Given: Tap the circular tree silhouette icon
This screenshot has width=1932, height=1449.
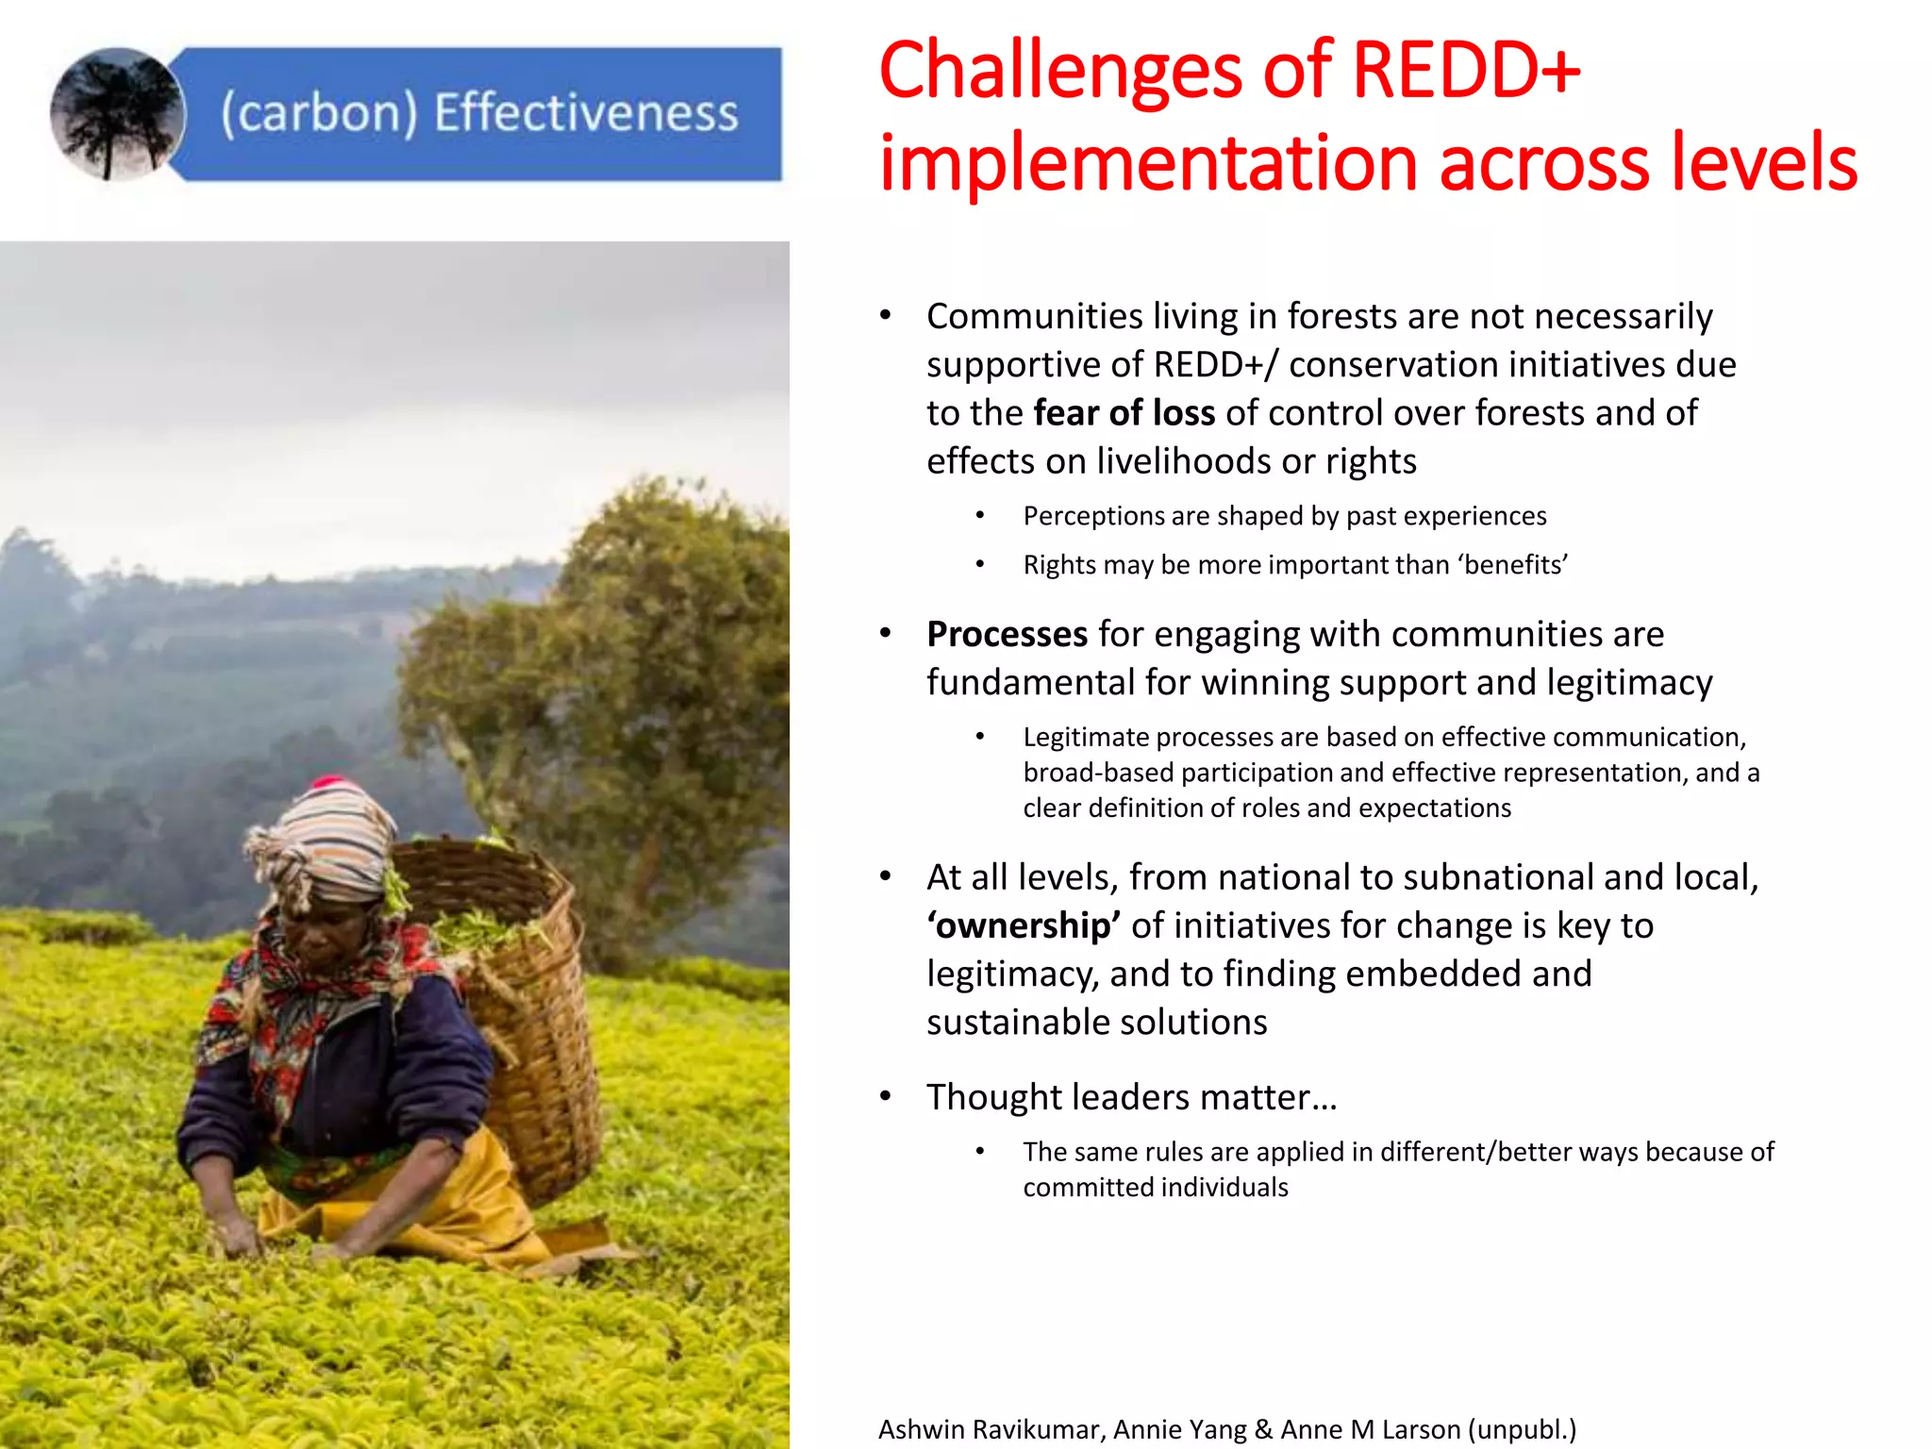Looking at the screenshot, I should tap(117, 114).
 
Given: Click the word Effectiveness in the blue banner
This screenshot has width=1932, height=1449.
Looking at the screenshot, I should tap(586, 113).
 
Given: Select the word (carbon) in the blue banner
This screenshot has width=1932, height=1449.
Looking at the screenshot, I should tap(319, 113).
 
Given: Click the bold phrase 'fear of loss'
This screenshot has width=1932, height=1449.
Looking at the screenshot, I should tap(1124, 413).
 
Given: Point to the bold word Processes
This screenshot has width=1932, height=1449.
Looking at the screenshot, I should tap(1007, 634).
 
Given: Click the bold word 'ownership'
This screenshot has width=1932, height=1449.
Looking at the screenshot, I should tap(1024, 925).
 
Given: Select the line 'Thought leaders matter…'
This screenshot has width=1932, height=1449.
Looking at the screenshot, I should tap(1131, 1097).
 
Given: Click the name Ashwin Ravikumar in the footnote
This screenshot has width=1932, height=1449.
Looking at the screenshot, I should tap(990, 1429).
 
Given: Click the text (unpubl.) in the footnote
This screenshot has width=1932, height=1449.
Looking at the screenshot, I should tap(1522, 1429).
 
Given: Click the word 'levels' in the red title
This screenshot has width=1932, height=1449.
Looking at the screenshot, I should tap(1763, 162).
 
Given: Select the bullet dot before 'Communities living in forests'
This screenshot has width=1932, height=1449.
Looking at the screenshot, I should tap(885, 316).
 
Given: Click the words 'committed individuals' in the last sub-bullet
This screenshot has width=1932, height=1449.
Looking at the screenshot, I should tap(1155, 1187).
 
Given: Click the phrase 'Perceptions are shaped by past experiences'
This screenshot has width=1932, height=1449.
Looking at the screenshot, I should tap(1284, 516).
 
